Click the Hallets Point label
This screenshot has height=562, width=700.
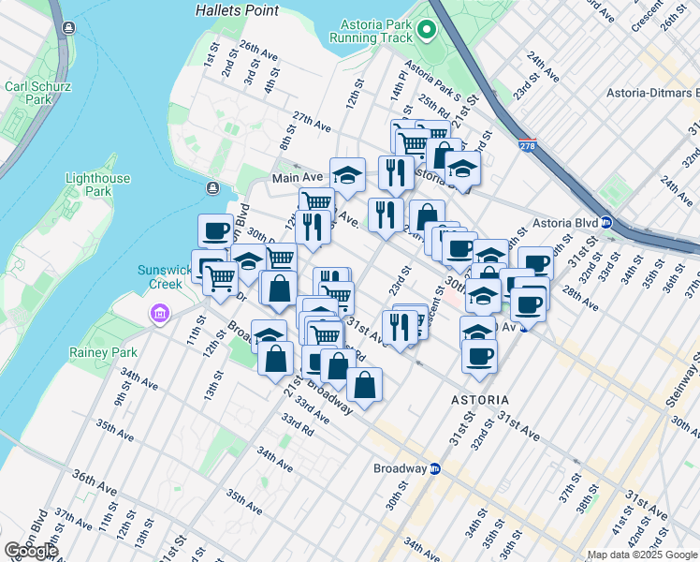[x=237, y=10]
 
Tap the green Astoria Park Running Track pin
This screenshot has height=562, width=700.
[x=428, y=31]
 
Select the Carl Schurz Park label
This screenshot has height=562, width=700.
[x=27, y=92]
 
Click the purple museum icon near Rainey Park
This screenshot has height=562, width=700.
[x=158, y=311]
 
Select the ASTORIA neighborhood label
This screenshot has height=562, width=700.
[x=480, y=399]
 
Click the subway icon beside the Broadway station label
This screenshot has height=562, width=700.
[x=435, y=468]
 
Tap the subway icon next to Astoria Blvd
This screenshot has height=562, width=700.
[x=605, y=223]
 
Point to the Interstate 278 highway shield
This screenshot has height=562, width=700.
[x=527, y=146]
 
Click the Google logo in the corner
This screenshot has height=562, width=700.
[x=31, y=551]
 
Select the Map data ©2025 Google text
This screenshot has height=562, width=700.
[x=640, y=555]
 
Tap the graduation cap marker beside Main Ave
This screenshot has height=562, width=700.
[x=347, y=174]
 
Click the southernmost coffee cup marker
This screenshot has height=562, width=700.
[x=479, y=356]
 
